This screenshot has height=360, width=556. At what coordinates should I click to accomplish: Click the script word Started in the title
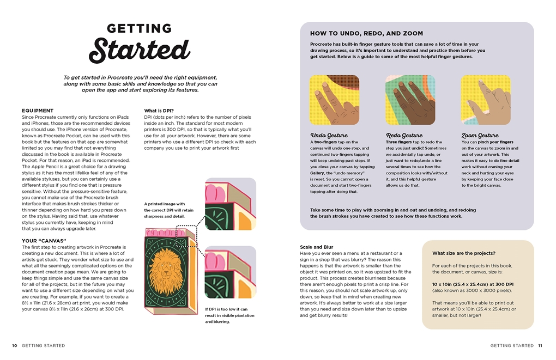pyautogui.click(x=140, y=50)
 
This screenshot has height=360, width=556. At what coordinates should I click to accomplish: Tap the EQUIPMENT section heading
pyautogui.click(x=38, y=111)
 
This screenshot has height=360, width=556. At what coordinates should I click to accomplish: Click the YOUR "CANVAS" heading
pyautogui.click(x=44, y=241)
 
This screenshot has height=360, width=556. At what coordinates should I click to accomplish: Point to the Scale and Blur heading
pyautogui.click(x=317, y=247)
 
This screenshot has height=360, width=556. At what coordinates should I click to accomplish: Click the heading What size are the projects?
pyautogui.click(x=463, y=253)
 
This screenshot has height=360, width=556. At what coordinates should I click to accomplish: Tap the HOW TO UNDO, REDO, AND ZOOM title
pyautogui.click(x=366, y=34)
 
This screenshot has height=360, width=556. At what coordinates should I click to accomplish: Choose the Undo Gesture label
pyautogui.click(x=329, y=136)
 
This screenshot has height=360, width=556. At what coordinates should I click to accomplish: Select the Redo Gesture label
pyautogui.click(x=404, y=136)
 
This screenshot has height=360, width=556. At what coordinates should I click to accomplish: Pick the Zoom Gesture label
pyautogui.click(x=480, y=136)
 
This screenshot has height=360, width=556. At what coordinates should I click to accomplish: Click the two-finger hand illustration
pyautogui.click(x=334, y=100)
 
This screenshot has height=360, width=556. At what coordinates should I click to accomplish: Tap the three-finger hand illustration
pyautogui.click(x=410, y=100)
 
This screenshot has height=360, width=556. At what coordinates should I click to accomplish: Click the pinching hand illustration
pyautogui.click(x=486, y=100)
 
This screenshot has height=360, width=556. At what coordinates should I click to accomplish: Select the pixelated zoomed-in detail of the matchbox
pyautogui.click(x=229, y=272)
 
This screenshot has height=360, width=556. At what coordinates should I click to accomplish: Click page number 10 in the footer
pyautogui.click(x=15, y=345)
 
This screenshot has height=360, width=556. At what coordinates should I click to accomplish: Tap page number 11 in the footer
pyautogui.click(x=540, y=345)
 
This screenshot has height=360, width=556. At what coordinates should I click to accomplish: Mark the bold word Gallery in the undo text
pyautogui.click(x=318, y=173)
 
